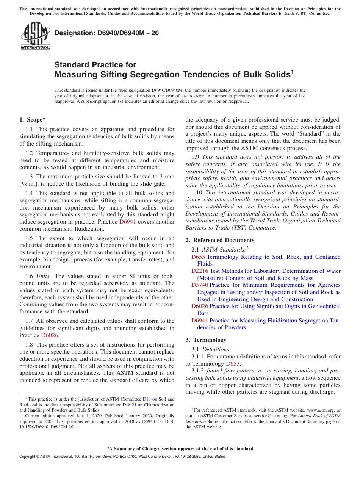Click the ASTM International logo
[35, 36]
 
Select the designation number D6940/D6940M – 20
[106, 33]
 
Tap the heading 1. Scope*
[32, 120]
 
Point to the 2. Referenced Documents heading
[220, 240]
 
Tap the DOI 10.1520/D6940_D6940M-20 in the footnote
[47, 427]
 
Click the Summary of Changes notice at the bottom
[180, 449]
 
